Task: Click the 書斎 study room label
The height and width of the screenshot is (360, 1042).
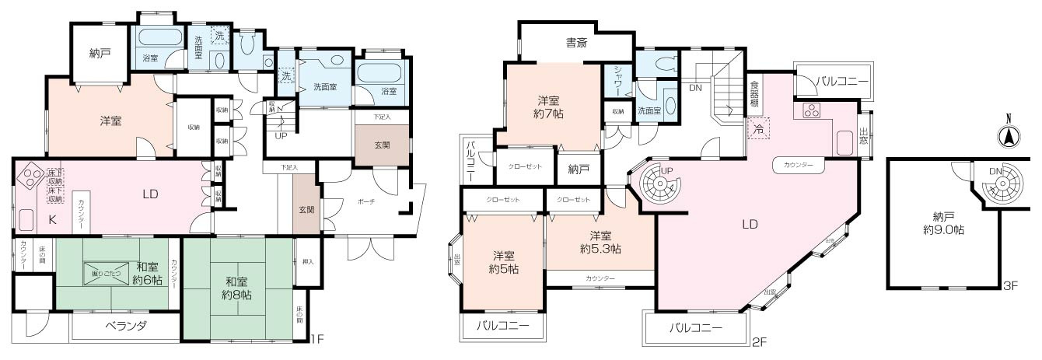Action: coord(575,44)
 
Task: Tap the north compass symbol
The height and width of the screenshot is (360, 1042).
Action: coord(1009,135)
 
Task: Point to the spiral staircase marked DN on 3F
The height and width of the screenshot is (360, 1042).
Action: coord(999,183)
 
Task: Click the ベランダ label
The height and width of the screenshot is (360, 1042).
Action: coord(126,327)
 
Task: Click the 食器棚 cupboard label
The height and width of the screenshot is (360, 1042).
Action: coord(754,92)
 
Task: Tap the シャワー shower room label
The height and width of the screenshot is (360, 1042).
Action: coord(617,80)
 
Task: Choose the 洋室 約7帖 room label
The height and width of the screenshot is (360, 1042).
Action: coord(551,107)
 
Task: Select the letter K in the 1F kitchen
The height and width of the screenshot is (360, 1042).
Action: coord(53,220)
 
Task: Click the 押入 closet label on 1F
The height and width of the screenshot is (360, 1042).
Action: coord(307,262)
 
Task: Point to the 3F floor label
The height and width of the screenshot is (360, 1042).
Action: coord(1009,285)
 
